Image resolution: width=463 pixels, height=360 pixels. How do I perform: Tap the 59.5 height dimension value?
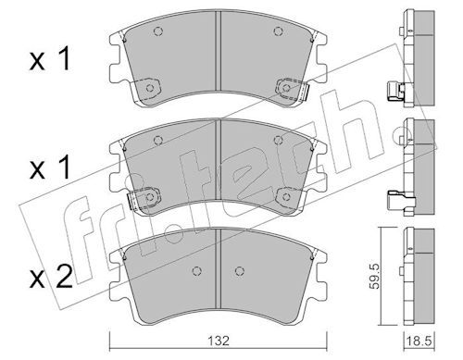[375, 276]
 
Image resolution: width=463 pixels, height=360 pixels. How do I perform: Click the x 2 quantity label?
[51, 277]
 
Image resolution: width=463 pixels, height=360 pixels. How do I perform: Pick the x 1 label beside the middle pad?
[50, 168]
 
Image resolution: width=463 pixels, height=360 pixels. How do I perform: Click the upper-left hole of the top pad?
[158, 31]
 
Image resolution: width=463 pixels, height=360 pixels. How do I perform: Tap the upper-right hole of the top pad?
[278, 31]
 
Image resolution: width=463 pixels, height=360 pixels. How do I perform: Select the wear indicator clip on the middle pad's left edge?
[131, 201]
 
